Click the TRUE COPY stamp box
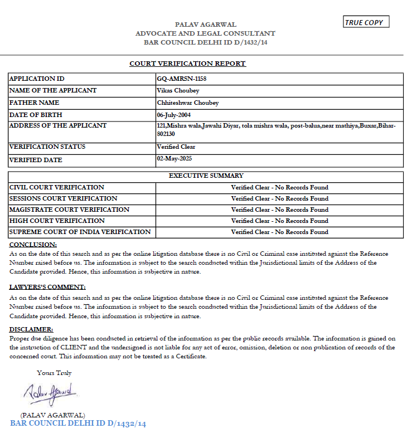pyautogui.click(x=366, y=22)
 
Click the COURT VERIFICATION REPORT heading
pyautogui.click(x=187, y=64)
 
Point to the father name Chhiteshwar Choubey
pyautogui.click(x=188, y=103)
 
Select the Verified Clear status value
pyautogui.click(x=176, y=147)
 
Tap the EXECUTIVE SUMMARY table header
pyautogui.click(x=206, y=176)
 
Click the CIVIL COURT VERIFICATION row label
pyautogui.click(x=57, y=187)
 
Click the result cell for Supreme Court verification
pyautogui.click(x=279, y=232)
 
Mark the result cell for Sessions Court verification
pyautogui.click(x=279, y=198)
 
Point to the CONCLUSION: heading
pyautogui.click(x=33, y=245)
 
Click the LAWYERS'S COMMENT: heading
pyautogui.click(x=47, y=287)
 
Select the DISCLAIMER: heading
pyautogui.click(x=31, y=329)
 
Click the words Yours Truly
pyautogui.click(x=54, y=373)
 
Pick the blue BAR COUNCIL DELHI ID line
pyautogui.click(x=78, y=424)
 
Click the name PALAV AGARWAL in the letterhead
pyautogui.click(x=205, y=25)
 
